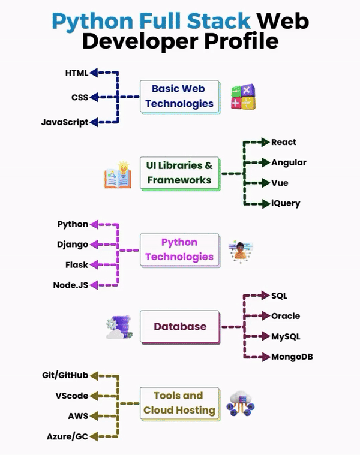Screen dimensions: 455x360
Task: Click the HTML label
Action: (x=76, y=73)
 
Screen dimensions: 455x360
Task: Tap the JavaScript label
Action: (x=64, y=122)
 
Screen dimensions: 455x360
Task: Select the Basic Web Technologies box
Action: (x=179, y=96)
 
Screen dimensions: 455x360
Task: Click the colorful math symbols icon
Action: (x=244, y=97)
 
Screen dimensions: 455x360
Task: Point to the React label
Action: (x=284, y=143)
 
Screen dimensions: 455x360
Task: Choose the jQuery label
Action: (x=286, y=203)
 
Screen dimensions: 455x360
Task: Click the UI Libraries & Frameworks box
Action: (x=179, y=173)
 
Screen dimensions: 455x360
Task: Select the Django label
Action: (x=73, y=245)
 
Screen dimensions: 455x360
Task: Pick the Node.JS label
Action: (x=70, y=285)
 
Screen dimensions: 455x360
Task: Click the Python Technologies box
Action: (x=179, y=249)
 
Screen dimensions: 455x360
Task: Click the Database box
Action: (x=179, y=327)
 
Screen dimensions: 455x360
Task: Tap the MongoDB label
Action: (x=292, y=357)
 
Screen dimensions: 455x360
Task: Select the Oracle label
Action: (x=286, y=316)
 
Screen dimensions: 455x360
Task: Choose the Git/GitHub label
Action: (x=65, y=375)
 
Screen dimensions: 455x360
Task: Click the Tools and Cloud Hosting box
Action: (x=179, y=403)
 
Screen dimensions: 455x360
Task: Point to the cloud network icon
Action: (x=241, y=403)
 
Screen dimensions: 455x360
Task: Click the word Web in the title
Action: (x=282, y=21)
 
